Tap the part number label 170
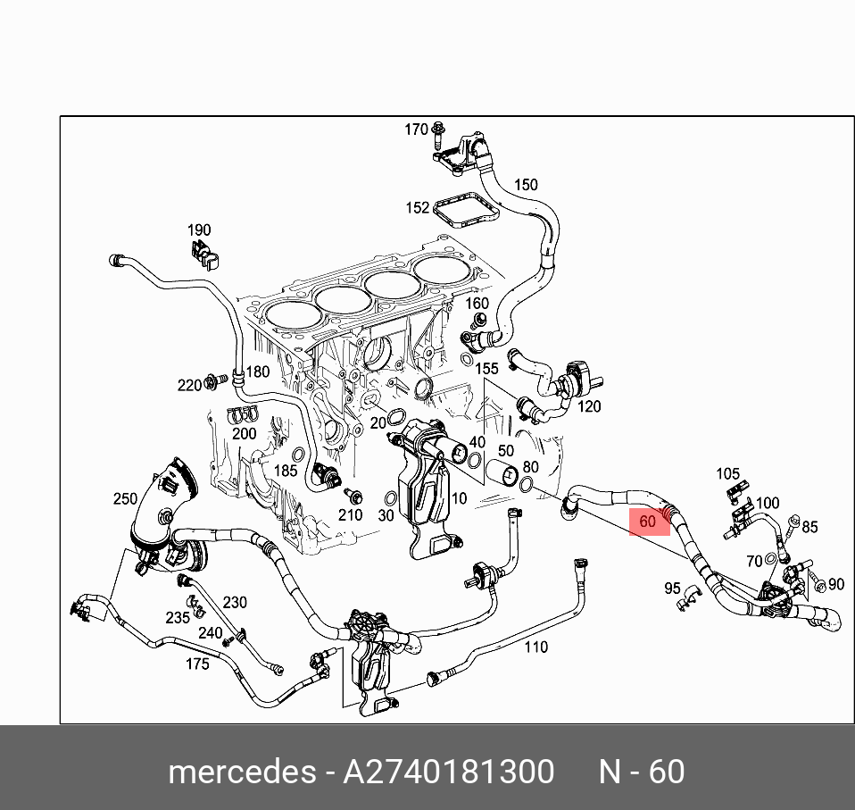[416, 129]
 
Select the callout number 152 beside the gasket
[418, 208]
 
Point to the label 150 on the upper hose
[526, 185]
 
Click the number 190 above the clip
[198, 230]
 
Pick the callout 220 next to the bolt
[189, 385]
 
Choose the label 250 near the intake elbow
[125, 498]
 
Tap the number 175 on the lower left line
[197, 664]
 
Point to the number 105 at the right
[728, 473]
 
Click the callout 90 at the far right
[835, 584]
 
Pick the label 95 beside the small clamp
[672, 589]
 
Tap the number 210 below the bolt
[350, 514]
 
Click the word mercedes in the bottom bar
[240, 772]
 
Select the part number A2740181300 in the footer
[449, 772]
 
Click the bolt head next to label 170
[439, 131]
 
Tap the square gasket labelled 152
[467, 211]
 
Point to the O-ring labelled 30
[390, 497]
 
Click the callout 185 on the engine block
[286, 470]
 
